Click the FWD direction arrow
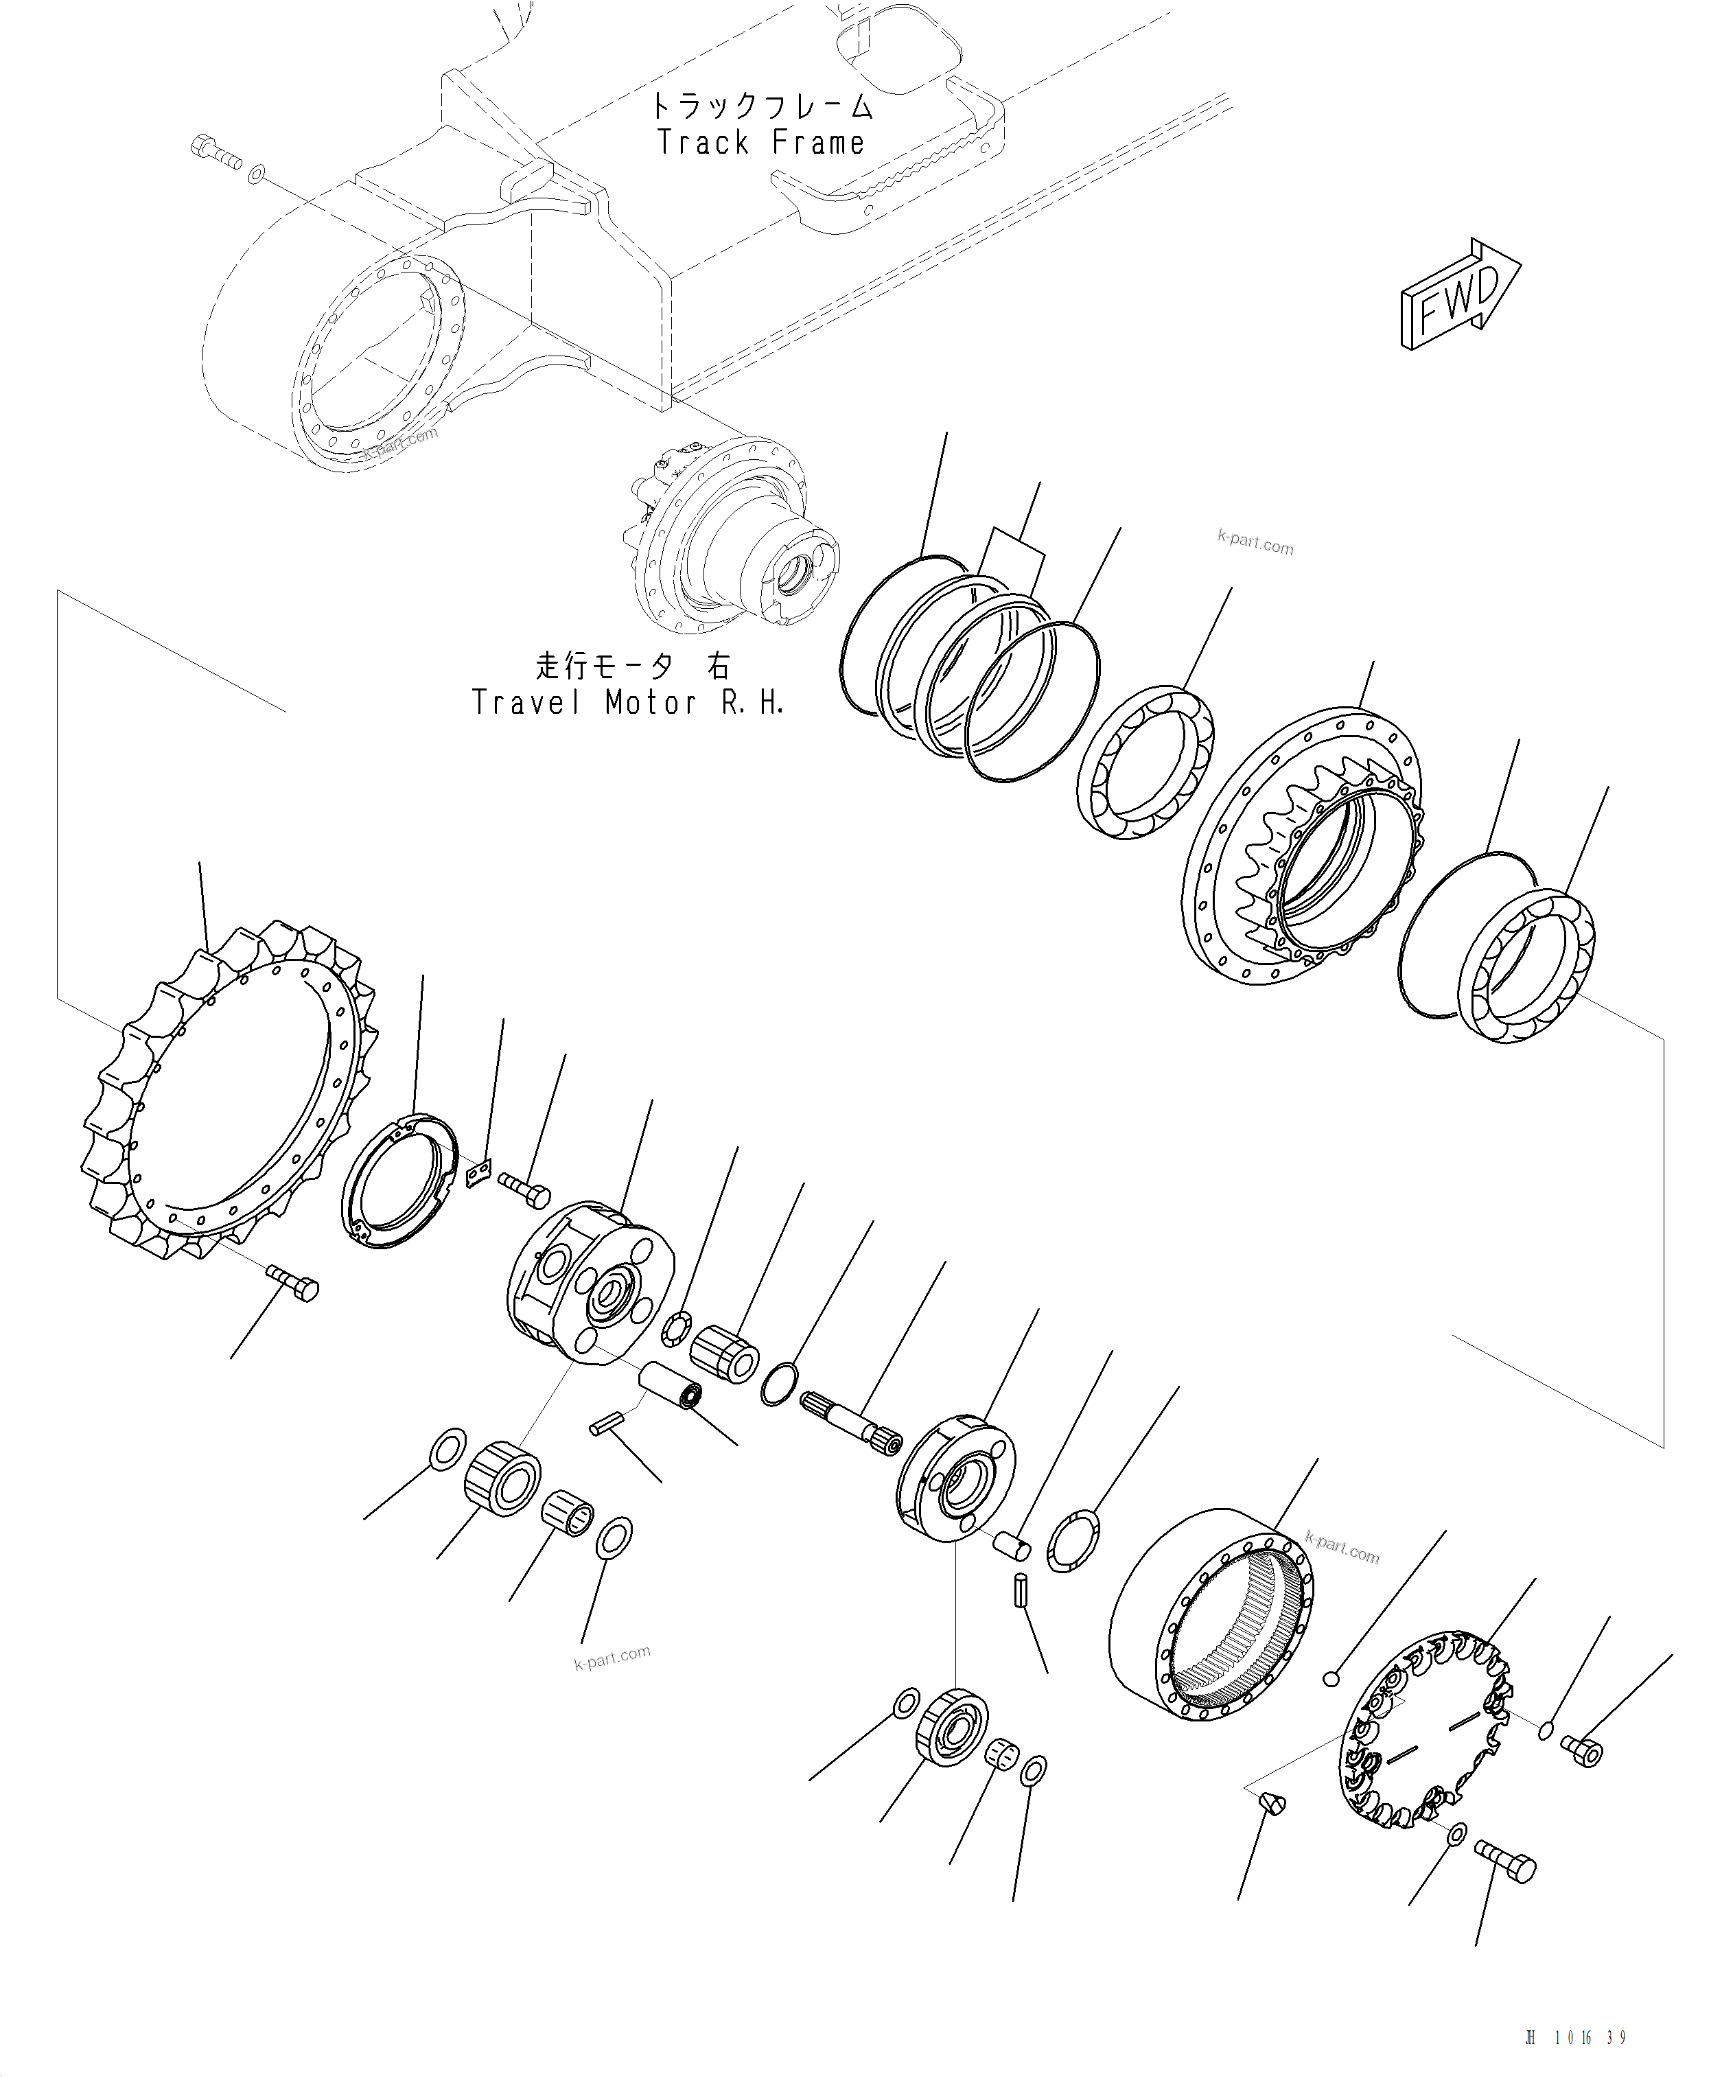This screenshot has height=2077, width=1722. [x=1460, y=294]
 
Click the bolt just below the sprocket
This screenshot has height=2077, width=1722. [x=293, y=1283]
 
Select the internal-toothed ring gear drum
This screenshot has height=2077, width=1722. [x=1211, y=1614]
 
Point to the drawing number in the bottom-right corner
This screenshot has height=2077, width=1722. [x=1576, y=2039]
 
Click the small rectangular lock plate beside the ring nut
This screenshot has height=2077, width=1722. [x=478, y=1174]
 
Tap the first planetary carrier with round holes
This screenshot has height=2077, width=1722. [x=592, y=1283]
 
